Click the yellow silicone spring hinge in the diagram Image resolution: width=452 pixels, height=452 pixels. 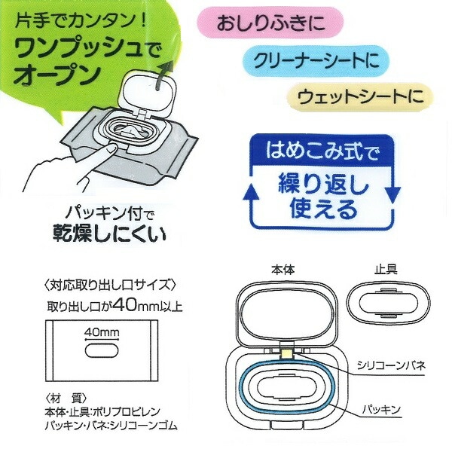[286, 350]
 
